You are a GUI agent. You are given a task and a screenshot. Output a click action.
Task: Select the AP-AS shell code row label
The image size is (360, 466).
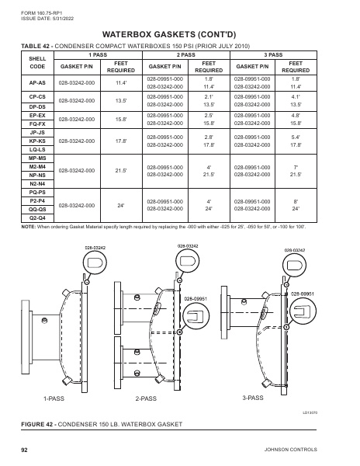pos(36,82)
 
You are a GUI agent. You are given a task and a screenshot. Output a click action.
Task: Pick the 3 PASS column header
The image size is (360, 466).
pos(273,55)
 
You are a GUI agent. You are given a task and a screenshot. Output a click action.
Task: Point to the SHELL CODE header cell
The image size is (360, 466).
pos(36,63)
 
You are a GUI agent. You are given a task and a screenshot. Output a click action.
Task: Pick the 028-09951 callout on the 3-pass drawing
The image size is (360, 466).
pos(302,294)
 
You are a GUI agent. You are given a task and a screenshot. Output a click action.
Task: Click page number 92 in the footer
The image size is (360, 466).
pos(24,450)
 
